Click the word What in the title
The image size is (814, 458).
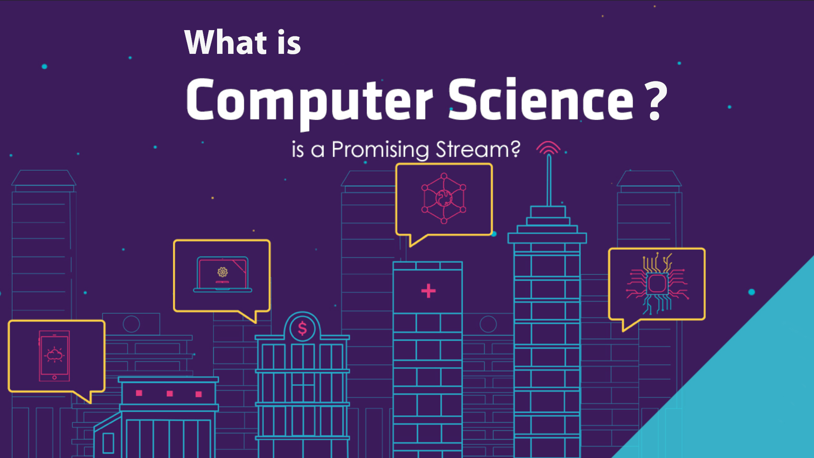226,42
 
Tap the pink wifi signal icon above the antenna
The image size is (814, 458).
548,148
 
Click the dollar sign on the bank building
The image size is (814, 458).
302,328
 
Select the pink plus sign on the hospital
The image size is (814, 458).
428,290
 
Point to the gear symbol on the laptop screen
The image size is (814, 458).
223,272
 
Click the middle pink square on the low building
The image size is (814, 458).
170,394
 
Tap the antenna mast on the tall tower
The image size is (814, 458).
549,180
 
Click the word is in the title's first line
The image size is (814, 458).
289,42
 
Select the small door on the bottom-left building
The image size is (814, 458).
108,443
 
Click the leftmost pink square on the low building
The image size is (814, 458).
139,393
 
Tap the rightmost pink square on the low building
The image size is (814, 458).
198,394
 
